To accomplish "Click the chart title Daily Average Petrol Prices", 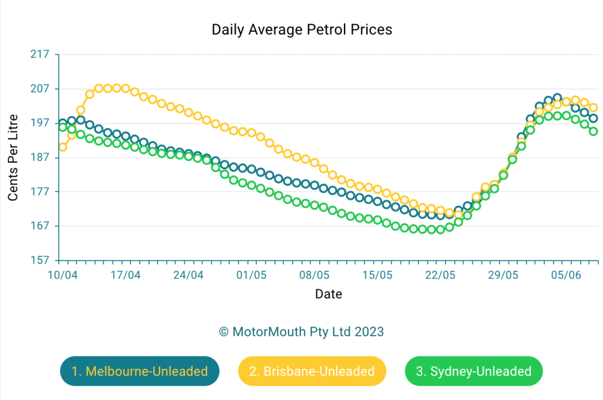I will [301, 29].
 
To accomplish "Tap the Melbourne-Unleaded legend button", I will [140, 371].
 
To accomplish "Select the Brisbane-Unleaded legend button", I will [312, 371].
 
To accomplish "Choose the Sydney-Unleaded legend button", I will [473, 371].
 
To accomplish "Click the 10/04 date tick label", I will [62, 275].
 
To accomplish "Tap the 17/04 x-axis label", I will [125, 275].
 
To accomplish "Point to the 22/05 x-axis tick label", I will [440, 275].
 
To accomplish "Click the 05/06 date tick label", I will [566, 275].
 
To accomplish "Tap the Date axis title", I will [328, 294].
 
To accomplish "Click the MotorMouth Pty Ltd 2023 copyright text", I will [301, 332].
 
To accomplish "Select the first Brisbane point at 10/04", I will [63, 147].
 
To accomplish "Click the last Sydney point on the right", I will [594, 131].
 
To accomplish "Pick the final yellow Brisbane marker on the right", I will [594, 108].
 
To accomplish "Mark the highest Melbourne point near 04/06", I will [557, 97].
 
